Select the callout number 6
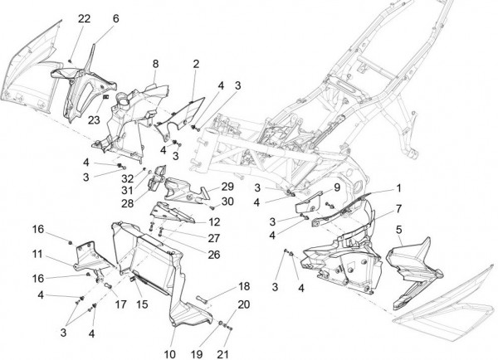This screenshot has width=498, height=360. [115, 18]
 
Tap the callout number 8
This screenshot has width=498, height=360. [155, 64]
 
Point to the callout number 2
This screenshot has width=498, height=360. [196, 64]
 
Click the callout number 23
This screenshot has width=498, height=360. [94, 119]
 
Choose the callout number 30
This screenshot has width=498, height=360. [227, 202]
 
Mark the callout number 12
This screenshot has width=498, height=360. [214, 222]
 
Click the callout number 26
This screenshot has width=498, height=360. [214, 255]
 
